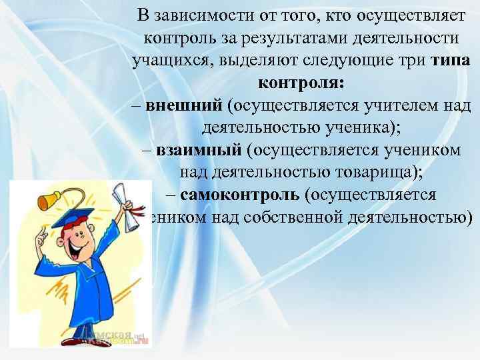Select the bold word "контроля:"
point(301,84)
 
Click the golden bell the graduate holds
point(48,200)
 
